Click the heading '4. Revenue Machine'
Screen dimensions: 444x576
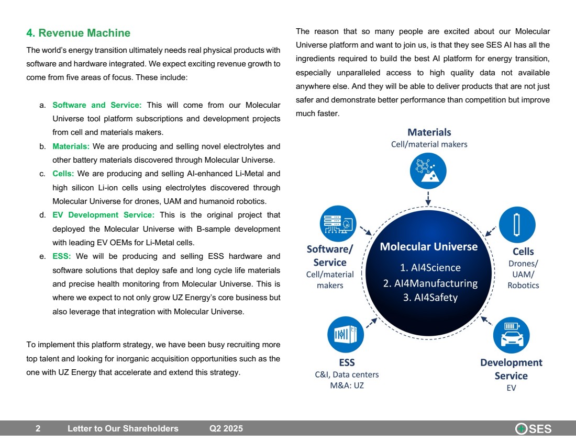78,33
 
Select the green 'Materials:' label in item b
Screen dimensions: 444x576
71,146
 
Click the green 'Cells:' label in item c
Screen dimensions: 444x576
63,174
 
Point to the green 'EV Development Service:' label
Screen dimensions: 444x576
103,215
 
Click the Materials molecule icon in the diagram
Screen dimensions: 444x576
428,170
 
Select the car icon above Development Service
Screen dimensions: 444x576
511,335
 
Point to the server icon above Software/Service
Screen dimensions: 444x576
338,223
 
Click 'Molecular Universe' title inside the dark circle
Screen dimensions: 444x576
428,247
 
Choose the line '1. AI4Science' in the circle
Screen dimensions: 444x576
430,268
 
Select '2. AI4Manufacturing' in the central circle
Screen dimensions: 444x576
430,283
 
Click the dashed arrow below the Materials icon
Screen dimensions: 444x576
428,198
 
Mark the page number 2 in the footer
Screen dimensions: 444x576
38,429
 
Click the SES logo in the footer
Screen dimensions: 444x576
534,429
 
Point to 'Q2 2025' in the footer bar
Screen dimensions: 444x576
226,429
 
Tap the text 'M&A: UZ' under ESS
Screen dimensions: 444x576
343,386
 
